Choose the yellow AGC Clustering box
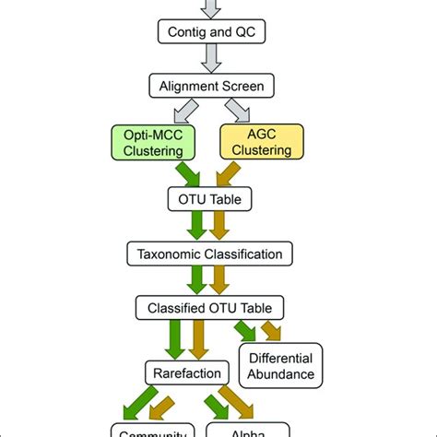pyautogui.click(x=262, y=143)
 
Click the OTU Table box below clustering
pyautogui.click(x=211, y=197)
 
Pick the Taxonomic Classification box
pyautogui.click(x=211, y=252)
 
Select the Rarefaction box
pyautogui.click(x=186, y=372)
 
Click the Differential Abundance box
pyautogui.click(x=280, y=365)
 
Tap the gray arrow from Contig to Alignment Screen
pyautogui.click(x=211, y=60)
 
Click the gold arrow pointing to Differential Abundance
pyautogui.click(x=272, y=329)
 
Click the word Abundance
pyautogui.click(x=280, y=374)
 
